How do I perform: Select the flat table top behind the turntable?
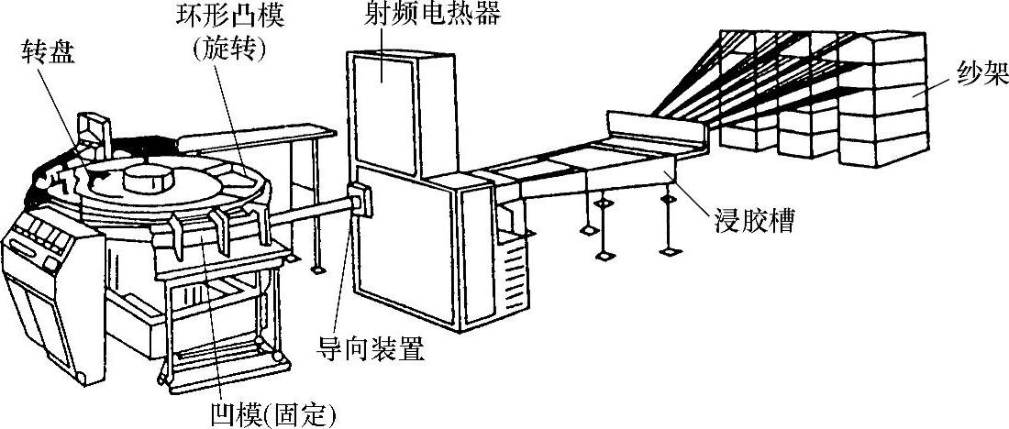coord(249,138)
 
